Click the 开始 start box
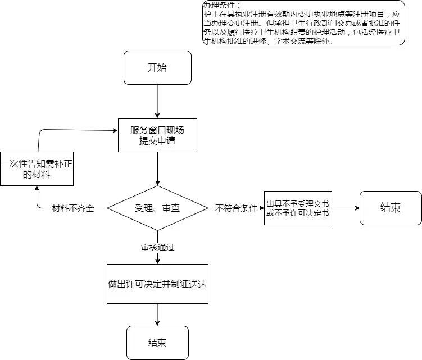pos(157,68)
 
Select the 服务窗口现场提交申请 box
pos(157,135)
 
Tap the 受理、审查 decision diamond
pos(157,208)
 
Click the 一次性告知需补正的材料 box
pos(37,169)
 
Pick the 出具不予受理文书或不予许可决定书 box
pos(298,208)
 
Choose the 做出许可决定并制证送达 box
pos(157,284)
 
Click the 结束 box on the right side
pos(390,207)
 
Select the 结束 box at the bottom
pos(157,343)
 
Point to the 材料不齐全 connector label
pos(72,208)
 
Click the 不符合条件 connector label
pos(236,208)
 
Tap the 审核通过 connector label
pos(157,247)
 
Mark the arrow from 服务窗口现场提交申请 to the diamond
pos(157,168)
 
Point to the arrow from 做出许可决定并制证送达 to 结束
pos(157,315)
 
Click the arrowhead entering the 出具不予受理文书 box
pos(261,208)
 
